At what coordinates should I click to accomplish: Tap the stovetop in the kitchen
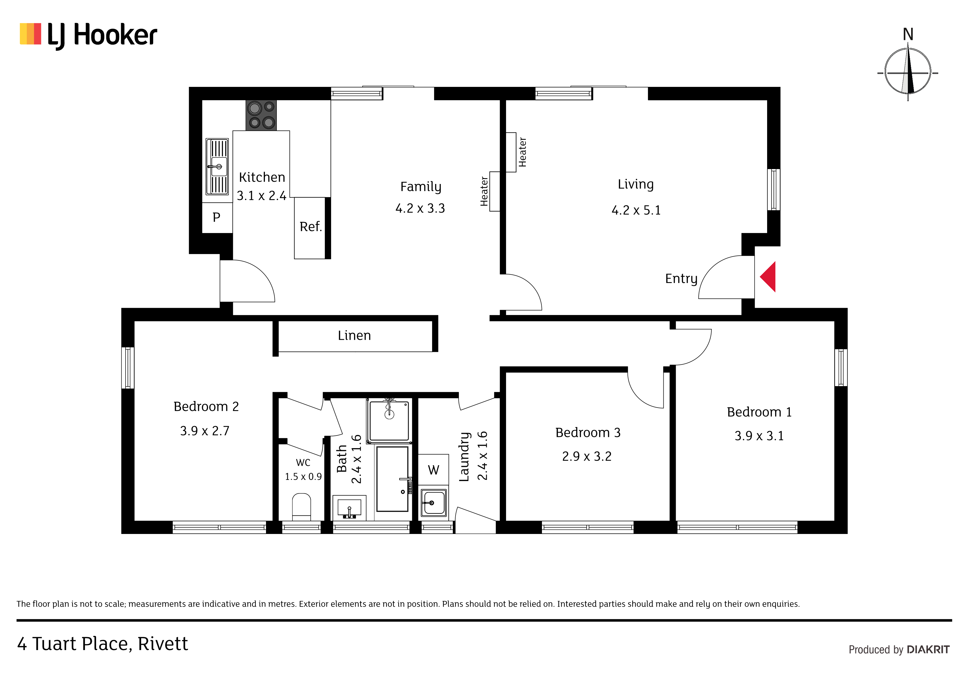tap(261, 115)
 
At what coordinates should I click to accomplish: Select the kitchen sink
tap(217, 167)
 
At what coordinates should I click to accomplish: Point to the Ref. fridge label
tap(311, 227)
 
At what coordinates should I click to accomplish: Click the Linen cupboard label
tap(354, 335)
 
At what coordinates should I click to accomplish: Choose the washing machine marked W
tap(434, 469)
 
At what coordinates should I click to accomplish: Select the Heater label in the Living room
tap(522, 152)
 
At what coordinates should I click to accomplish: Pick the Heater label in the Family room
tap(484, 191)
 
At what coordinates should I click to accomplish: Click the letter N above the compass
tap(908, 34)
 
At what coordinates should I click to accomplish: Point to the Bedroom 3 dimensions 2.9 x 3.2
tap(587, 456)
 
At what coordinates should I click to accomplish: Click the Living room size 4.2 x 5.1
tap(636, 210)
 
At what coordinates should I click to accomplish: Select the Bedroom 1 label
tap(759, 412)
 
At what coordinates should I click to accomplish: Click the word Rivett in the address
tap(163, 644)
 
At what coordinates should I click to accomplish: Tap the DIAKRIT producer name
tap(928, 650)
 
